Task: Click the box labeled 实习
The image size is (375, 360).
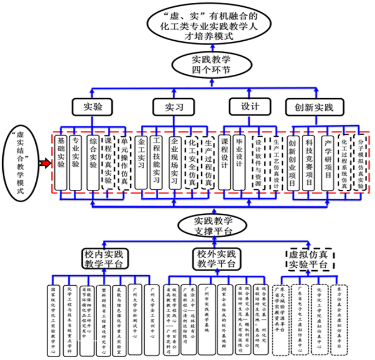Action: point(170,106)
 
